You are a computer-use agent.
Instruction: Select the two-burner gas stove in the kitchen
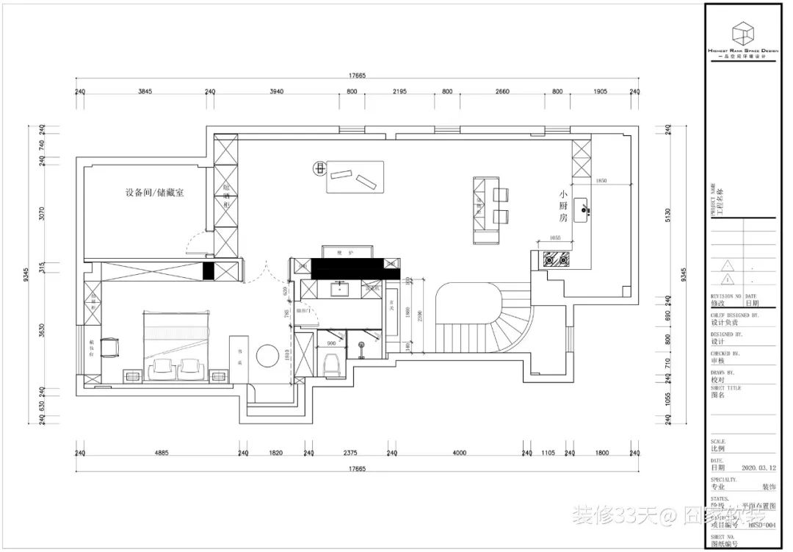click(x=556, y=258)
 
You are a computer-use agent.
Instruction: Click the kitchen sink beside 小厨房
click(x=584, y=209)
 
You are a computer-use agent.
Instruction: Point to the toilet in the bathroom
click(x=330, y=363)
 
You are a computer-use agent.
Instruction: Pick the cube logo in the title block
click(x=742, y=33)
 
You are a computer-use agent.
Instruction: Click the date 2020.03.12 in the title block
click(x=758, y=467)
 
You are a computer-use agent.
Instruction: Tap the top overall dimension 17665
click(x=357, y=76)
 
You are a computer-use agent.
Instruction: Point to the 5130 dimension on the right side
click(x=667, y=215)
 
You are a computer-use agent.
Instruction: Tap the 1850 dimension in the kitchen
click(x=602, y=180)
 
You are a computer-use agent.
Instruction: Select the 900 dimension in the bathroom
click(x=331, y=343)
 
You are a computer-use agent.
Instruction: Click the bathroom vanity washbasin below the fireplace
click(x=340, y=289)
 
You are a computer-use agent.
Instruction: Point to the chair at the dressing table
click(x=110, y=345)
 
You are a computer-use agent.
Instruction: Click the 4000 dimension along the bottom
click(x=460, y=454)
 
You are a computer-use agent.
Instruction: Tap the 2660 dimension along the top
click(x=502, y=92)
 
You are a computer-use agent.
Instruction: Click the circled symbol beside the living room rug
click(x=319, y=168)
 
